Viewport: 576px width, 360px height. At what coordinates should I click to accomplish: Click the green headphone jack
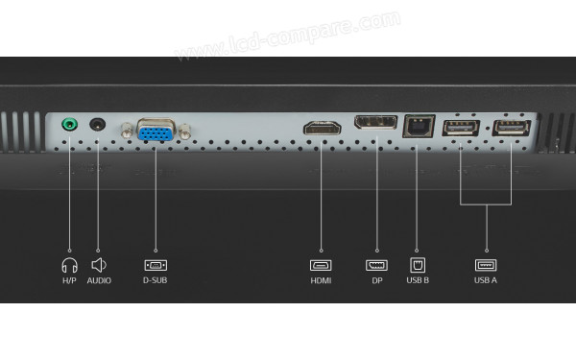point(69,125)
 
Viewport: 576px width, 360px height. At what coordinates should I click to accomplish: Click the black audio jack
point(97,124)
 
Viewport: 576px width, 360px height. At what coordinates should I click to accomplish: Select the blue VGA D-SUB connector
point(156,131)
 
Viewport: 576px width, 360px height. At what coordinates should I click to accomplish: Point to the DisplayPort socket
point(375,124)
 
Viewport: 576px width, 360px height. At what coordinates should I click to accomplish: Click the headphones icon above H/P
point(68,264)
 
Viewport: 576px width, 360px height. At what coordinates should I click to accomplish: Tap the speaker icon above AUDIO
point(98,264)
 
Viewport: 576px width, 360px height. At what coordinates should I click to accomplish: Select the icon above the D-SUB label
point(156,264)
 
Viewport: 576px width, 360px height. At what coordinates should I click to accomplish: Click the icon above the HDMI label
point(321,264)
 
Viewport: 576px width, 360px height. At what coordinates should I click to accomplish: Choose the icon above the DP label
point(376,264)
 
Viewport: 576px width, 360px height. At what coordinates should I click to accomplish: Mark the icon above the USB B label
point(418,264)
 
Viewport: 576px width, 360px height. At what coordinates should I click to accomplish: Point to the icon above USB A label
point(486,264)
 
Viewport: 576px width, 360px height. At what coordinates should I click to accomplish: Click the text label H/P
point(68,281)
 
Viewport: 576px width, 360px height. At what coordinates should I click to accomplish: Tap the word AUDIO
point(99,281)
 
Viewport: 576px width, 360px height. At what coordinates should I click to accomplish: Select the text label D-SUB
point(156,281)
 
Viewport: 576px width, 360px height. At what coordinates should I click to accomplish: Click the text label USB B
point(418,281)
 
